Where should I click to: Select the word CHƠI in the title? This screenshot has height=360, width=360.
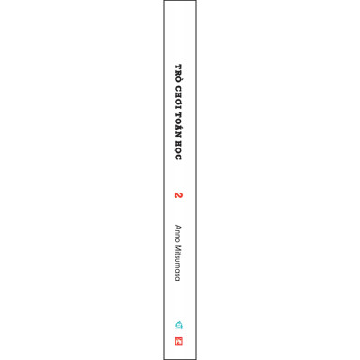click(179, 96)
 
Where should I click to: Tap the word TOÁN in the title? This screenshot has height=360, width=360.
click(179, 124)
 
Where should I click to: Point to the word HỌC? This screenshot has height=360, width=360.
click(178, 150)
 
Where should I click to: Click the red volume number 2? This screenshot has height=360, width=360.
click(178, 195)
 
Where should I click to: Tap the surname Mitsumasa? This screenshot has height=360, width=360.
click(178, 263)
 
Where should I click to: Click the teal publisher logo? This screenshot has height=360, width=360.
click(179, 325)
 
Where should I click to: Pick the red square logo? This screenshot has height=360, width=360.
click(179, 341)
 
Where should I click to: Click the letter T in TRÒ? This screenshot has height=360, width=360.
click(179, 67)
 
